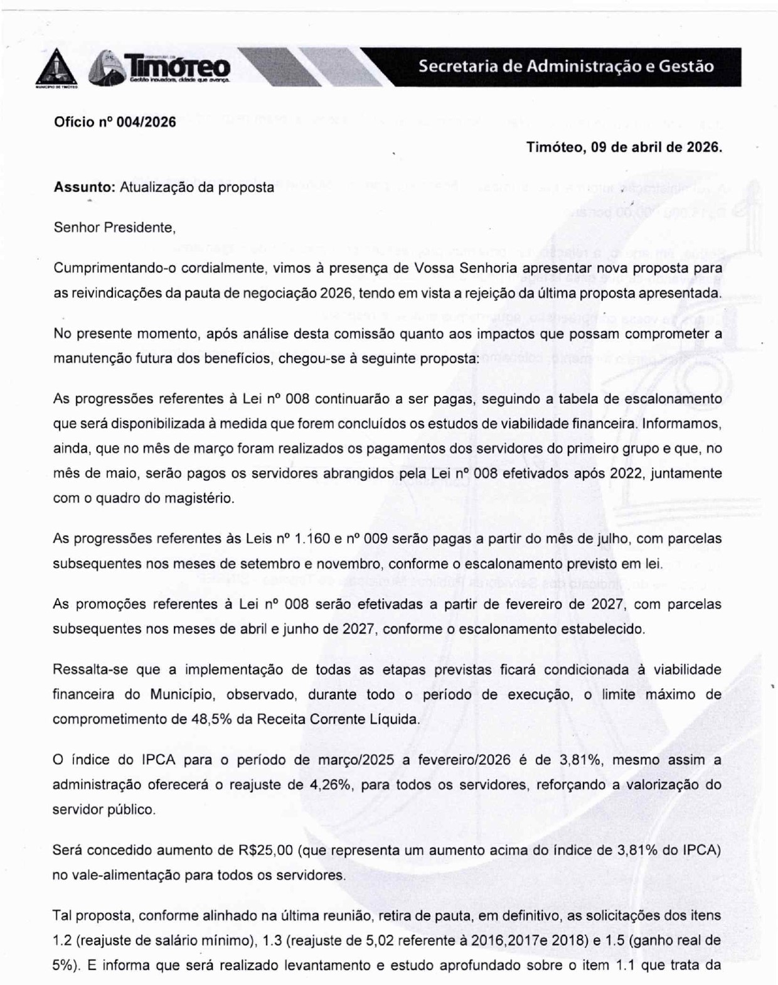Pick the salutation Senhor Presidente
(114, 227)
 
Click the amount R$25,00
(266, 851)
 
